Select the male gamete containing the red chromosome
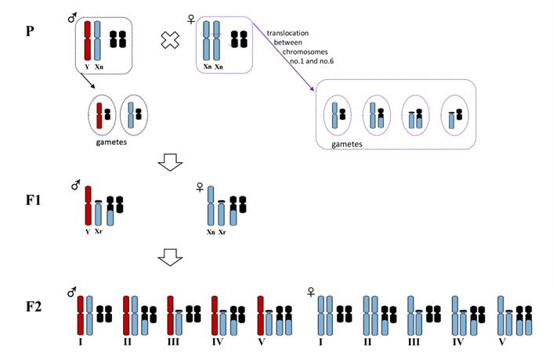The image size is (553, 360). [101, 114]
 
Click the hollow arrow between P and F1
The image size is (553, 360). [171, 162]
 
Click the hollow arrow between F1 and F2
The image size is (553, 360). [171, 254]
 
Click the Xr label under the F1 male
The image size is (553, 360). [99, 232]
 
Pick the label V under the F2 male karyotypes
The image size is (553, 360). [263, 341]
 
